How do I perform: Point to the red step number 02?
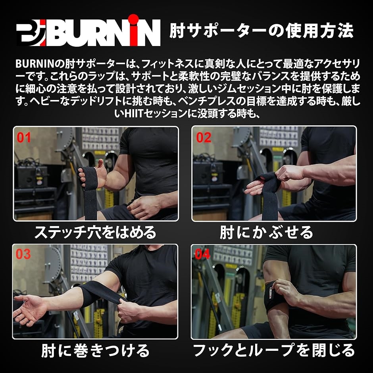[x=204, y=138]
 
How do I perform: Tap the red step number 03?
[x=23, y=254]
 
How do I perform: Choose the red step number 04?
[x=202, y=254]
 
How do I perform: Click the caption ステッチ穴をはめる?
[x=95, y=233]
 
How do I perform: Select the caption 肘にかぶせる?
[x=266, y=233]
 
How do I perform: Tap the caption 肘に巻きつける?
[x=95, y=350]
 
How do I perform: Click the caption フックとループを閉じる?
[x=273, y=350]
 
